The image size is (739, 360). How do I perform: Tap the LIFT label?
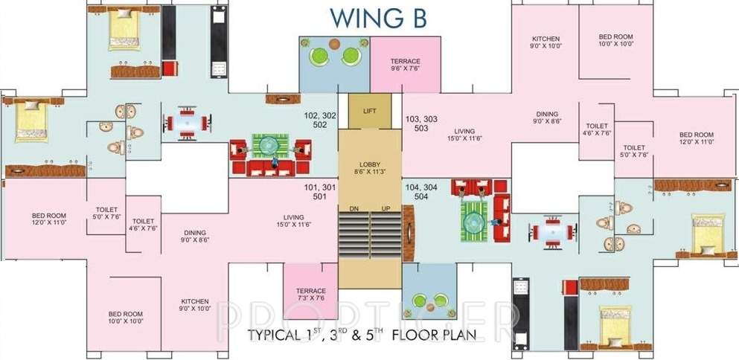(x=370, y=111)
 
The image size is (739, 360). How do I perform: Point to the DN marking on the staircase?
(x=354, y=208)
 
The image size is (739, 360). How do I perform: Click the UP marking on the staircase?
(x=386, y=208)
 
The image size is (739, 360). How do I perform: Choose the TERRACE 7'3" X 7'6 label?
(x=310, y=295)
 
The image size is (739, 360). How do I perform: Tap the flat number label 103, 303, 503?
(x=421, y=122)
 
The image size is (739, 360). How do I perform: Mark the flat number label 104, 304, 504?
(x=421, y=192)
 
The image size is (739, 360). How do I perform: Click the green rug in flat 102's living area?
(x=269, y=145)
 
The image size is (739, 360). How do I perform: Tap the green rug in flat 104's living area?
(x=473, y=219)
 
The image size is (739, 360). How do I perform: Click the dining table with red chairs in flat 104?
(x=551, y=231)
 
